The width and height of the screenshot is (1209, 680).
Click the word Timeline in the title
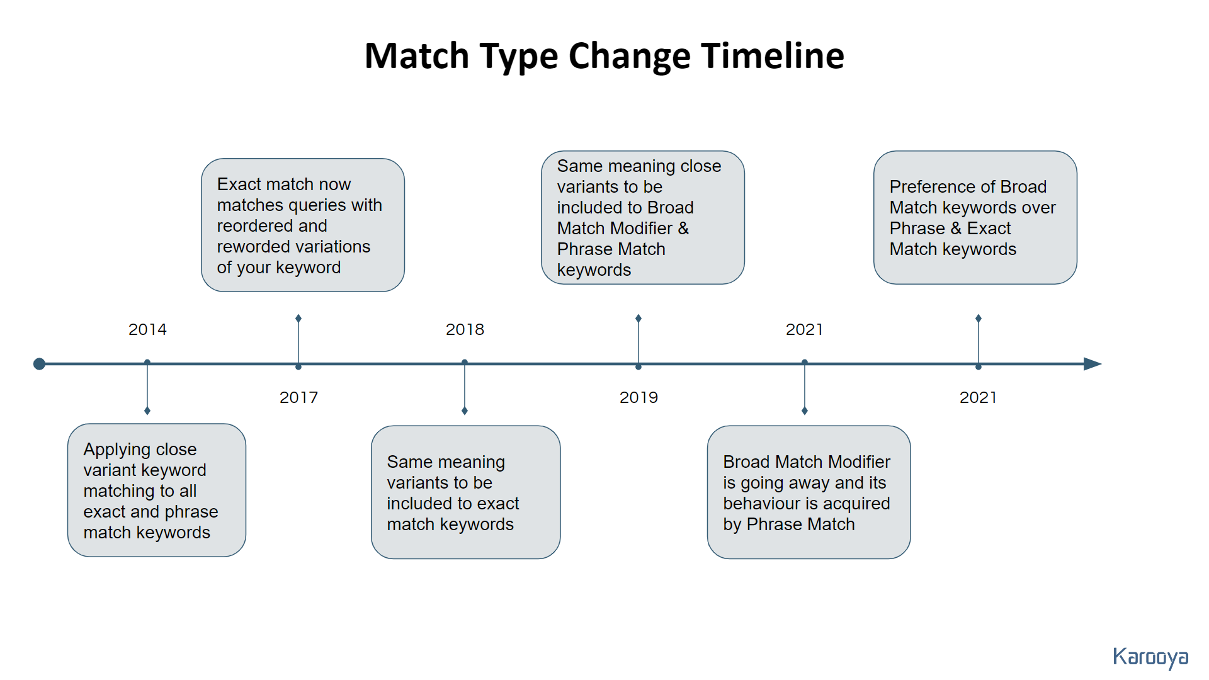click(x=773, y=55)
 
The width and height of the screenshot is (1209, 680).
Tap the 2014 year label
click(x=147, y=329)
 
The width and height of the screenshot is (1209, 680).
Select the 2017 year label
click(x=298, y=397)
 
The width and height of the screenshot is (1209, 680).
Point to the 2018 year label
click(x=465, y=329)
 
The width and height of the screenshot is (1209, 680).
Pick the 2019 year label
click(x=639, y=397)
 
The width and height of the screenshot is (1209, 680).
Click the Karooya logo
click(x=1150, y=658)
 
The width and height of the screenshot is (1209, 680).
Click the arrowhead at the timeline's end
click(x=1093, y=364)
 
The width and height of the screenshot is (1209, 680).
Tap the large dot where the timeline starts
click(x=39, y=364)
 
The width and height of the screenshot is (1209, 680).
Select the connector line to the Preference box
click(x=979, y=341)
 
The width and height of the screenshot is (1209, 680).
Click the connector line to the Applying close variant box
click(x=147, y=387)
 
